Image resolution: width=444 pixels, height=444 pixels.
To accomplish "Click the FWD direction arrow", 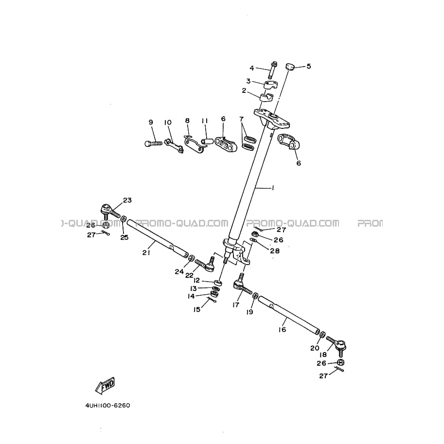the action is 105,386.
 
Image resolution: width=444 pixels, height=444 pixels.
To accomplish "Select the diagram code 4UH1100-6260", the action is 107,405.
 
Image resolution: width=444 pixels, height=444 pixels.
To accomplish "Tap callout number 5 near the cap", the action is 309,66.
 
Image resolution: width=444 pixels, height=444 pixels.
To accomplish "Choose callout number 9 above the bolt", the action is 151,122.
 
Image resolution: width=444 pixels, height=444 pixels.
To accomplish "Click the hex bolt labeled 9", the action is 153,143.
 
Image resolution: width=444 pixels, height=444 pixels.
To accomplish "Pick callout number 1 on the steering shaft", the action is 273,188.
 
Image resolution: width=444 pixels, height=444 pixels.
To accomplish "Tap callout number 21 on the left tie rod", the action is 146,252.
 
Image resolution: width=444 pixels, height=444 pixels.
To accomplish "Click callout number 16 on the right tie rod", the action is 283,329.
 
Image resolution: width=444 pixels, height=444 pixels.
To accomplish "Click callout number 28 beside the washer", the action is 275,251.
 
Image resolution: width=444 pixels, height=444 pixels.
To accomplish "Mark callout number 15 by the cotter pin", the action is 197,309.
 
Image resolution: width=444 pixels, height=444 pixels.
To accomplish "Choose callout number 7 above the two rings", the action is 242,119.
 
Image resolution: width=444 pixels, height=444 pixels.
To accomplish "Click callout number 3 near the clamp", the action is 249,81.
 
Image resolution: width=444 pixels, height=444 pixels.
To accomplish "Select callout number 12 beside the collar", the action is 196,280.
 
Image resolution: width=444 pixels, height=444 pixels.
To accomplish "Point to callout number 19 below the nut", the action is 249,312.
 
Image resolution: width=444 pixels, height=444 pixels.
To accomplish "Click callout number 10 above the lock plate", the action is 168,123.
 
